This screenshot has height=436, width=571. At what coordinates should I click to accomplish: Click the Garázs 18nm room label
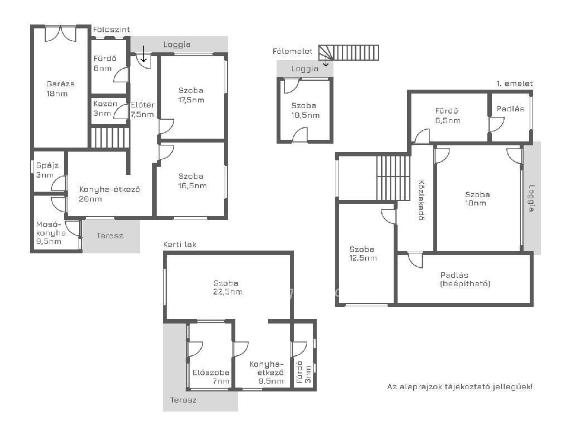[x=60, y=89]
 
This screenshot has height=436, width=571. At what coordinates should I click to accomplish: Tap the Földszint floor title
[x=112, y=30]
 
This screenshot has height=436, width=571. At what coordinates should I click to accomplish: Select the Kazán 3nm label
[x=105, y=109]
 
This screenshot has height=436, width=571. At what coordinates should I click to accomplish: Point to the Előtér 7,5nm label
[x=143, y=110]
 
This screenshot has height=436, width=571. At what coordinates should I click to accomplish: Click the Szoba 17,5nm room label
[x=191, y=95]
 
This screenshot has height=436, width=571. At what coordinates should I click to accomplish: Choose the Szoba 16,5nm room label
[x=192, y=181]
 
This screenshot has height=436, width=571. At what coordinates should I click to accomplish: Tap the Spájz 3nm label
[x=47, y=170]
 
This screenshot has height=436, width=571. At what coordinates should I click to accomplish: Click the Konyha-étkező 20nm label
[x=110, y=194]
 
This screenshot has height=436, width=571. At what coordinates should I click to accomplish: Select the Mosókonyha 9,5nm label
[x=51, y=233]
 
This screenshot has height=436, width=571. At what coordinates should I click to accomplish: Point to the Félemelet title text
[x=292, y=52]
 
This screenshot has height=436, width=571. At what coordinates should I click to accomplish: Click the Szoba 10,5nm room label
[x=306, y=111]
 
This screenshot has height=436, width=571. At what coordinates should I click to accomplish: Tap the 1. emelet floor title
[x=515, y=84]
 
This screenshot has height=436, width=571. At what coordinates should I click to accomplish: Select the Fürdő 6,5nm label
[x=448, y=116]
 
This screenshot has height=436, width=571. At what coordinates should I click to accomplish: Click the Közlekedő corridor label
[x=422, y=200]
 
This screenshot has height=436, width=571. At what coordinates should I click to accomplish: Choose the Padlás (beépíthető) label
[x=465, y=280]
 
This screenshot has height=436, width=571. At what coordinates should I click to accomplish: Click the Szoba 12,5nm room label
[x=363, y=254]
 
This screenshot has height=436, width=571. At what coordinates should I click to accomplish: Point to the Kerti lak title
[x=180, y=244]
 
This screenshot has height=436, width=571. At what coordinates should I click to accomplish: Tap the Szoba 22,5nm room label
[x=228, y=287]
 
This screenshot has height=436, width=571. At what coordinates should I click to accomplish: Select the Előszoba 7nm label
[x=211, y=377]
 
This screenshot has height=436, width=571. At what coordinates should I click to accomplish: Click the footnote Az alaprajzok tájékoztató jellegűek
[x=460, y=386]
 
